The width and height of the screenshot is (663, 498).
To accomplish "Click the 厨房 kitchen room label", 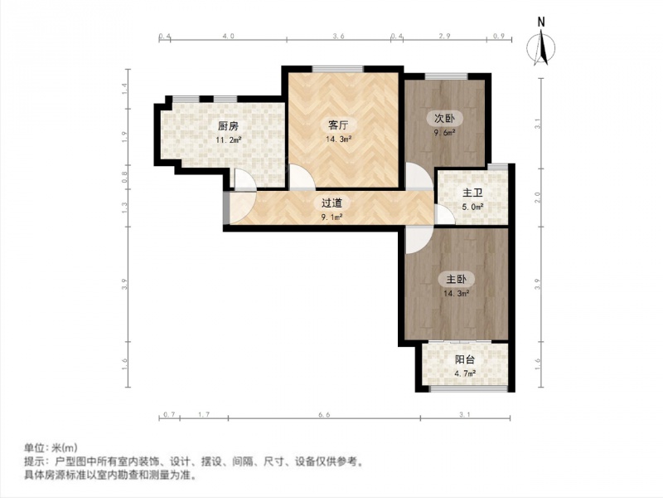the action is point(229,126).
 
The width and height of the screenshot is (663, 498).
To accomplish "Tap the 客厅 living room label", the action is point(338,125).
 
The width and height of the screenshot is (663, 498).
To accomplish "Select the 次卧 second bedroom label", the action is point(445,118).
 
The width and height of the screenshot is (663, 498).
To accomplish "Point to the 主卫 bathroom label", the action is point(472,193).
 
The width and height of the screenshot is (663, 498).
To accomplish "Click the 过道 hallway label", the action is point(332,203).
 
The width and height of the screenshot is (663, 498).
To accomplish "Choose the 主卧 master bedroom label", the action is point(457,280).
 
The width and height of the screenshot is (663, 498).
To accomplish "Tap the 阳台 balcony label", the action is point(465,360).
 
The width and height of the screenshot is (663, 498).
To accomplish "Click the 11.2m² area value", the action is point(229,139).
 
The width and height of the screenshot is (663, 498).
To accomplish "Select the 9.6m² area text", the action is point(445,132).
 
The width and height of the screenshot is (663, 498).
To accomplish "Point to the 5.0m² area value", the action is point(472,207).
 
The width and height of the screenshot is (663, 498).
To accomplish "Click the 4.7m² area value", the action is point(465,373).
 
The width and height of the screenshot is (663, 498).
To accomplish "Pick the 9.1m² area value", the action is point(332,217).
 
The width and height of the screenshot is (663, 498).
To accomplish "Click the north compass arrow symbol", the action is point(541,47).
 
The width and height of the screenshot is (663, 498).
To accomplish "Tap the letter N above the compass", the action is point(541,22).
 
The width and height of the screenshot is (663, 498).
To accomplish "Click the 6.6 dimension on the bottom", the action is point(324,415).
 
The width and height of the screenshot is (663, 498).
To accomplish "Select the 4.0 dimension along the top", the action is point(228,36).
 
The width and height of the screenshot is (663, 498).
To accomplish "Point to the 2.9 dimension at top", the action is point(444,36).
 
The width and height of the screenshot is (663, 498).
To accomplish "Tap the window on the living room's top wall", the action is point(338,69).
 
